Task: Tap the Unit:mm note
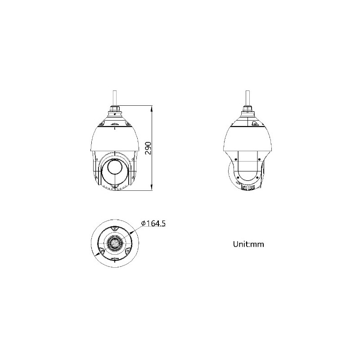click(248, 244)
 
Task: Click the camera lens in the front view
click(114, 169)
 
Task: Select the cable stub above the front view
click(114, 96)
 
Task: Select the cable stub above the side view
click(247, 96)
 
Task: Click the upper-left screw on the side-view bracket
click(236, 158)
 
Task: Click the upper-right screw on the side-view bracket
click(260, 158)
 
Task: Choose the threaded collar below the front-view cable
click(114, 109)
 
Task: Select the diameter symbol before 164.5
click(143, 223)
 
